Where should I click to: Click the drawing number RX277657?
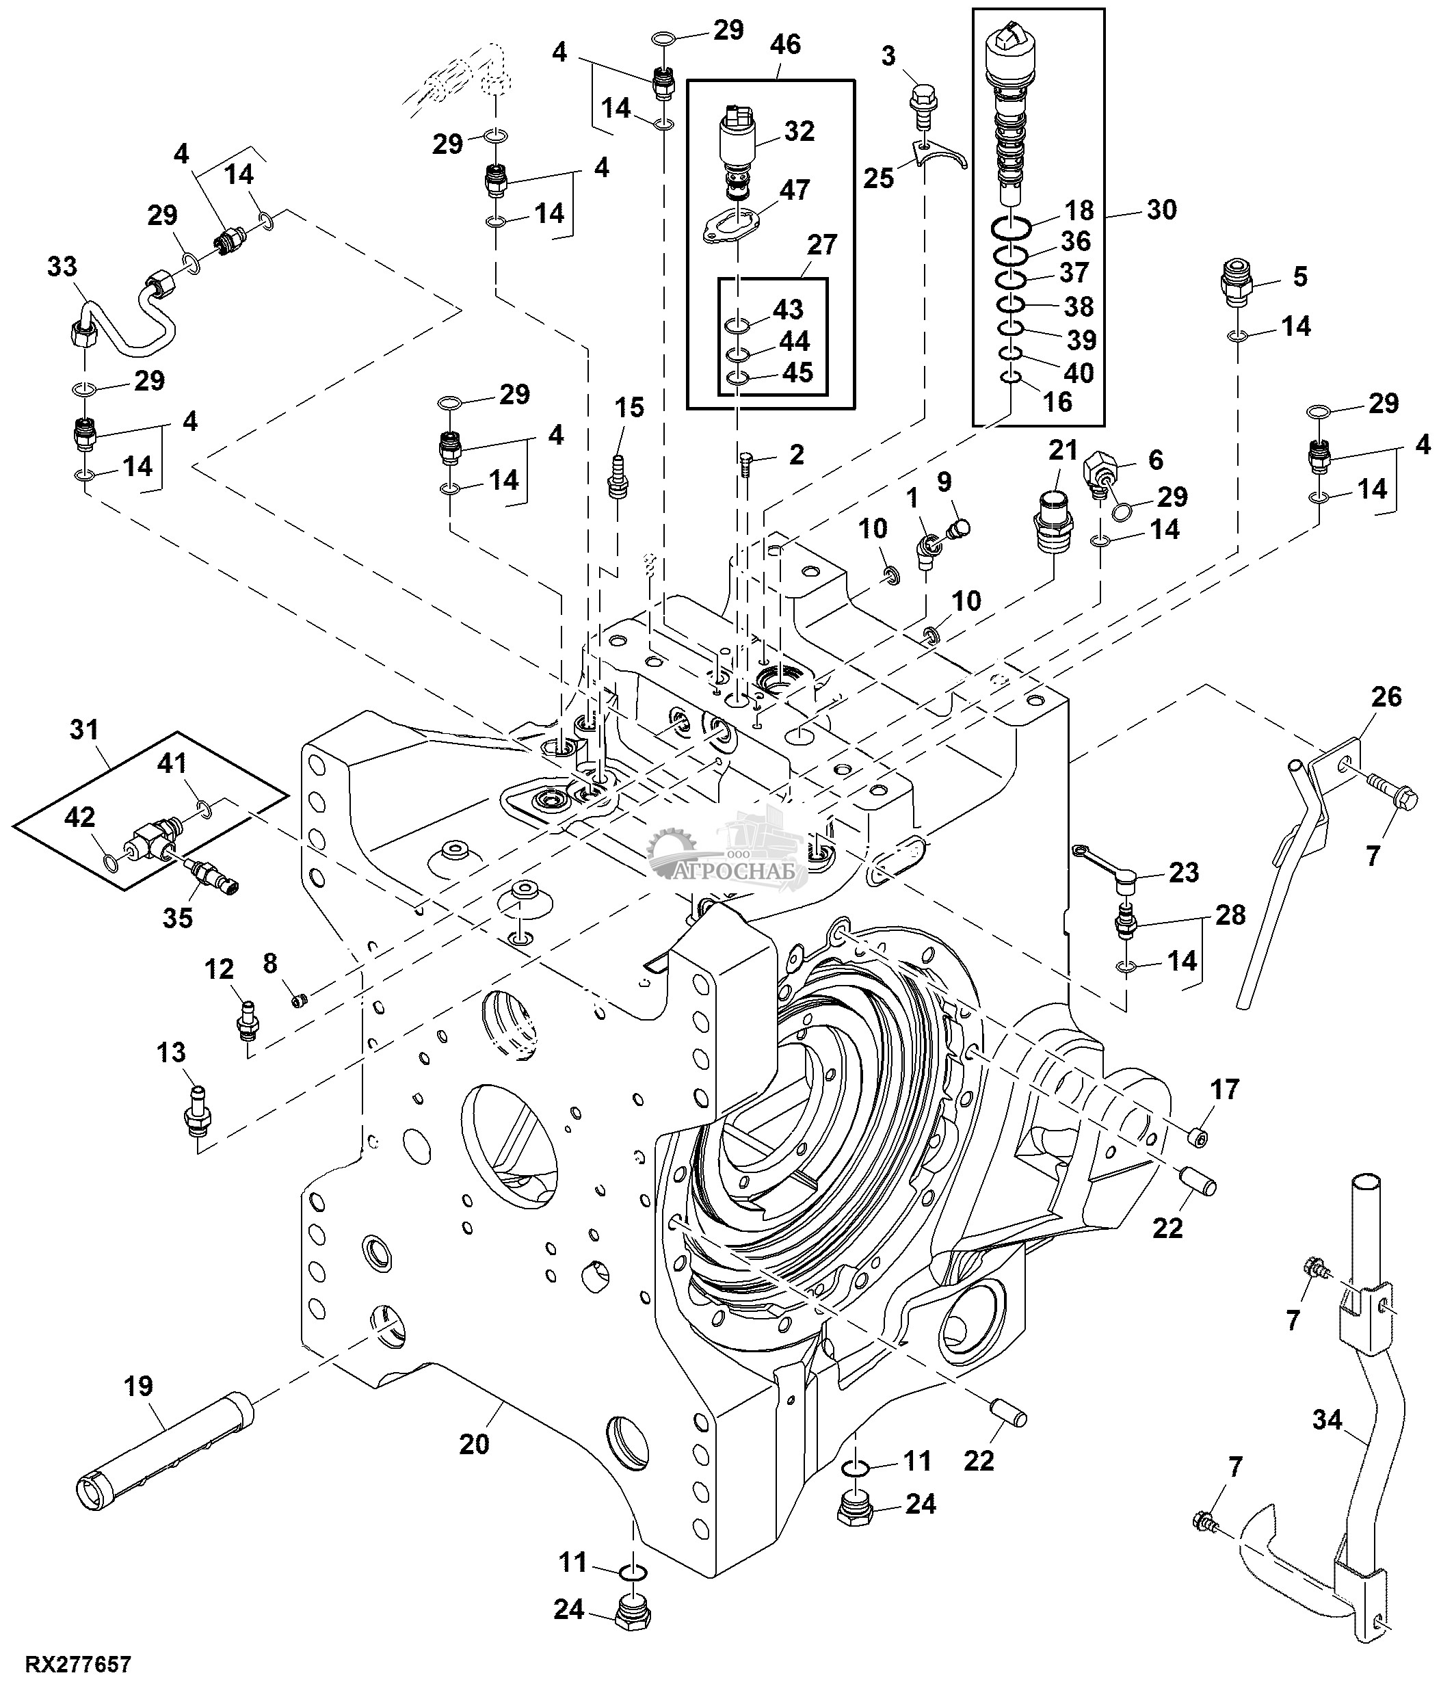click(79, 1664)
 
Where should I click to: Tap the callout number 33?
click(62, 267)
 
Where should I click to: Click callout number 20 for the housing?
click(474, 1443)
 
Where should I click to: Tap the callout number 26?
click(1387, 697)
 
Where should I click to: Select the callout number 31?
click(84, 729)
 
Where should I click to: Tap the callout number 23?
click(1184, 872)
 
